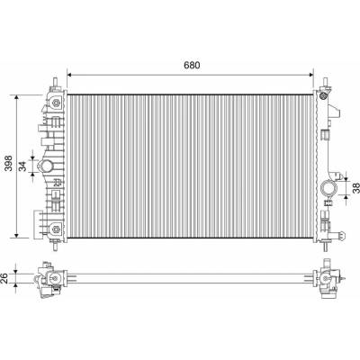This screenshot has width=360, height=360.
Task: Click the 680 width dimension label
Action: point(192,65)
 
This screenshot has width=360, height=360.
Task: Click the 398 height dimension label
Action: point(10,163)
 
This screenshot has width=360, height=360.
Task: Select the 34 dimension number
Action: point(22,166)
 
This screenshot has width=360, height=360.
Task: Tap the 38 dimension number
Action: point(355,188)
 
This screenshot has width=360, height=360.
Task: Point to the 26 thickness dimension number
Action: point(4,278)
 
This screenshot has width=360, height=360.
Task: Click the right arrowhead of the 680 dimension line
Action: point(310,75)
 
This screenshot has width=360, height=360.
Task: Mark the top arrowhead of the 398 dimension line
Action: point(17,98)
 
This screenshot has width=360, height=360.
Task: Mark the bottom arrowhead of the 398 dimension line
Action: point(17,235)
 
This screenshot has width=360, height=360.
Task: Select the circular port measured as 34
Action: point(47,166)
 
